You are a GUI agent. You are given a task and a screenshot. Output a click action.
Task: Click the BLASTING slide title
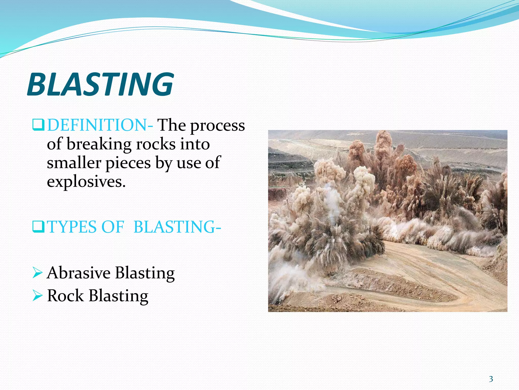click(100, 84)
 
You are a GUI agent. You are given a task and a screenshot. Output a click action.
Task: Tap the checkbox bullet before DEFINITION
click(38, 125)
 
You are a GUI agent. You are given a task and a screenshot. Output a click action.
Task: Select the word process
click(217, 126)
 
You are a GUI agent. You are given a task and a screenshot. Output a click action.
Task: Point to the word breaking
click(99, 144)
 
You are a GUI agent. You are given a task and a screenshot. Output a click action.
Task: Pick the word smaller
click(74, 163)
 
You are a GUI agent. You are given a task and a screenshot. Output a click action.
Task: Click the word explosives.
click(86, 182)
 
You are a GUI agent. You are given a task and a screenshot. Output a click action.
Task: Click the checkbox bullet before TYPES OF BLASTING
click(38, 227)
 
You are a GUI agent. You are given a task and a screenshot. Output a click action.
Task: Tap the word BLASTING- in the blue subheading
click(177, 227)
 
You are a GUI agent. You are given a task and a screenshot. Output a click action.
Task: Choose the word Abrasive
click(79, 273)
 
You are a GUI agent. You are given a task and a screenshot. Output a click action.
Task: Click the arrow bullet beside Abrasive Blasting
click(38, 273)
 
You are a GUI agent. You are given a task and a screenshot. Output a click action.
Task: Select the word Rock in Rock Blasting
click(65, 296)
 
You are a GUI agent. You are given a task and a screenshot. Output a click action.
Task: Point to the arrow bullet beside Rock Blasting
click(38, 296)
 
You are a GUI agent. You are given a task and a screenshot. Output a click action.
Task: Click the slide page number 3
click(491, 379)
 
